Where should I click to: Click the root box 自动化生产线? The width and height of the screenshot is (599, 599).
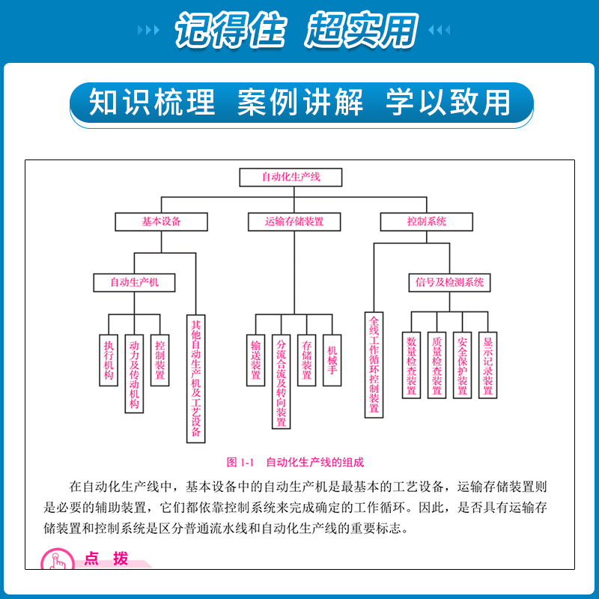click(291, 177)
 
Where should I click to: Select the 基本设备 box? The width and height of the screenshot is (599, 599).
click(161, 222)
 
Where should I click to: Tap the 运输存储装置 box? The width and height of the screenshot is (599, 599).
click(294, 222)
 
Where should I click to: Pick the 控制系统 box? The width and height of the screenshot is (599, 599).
click(427, 222)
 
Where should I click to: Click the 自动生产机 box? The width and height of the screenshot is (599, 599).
click(136, 282)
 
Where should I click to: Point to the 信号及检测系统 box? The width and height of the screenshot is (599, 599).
click(450, 282)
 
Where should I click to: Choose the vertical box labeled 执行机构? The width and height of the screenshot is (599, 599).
click(109, 360)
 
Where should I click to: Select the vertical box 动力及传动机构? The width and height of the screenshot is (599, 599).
click(134, 373)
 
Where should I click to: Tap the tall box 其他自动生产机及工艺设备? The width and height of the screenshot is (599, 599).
click(195, 378)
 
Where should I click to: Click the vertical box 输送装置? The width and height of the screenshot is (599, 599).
click(256, 360)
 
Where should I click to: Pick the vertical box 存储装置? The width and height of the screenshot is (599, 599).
click(306, 360)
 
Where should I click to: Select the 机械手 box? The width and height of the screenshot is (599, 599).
click(332, 360)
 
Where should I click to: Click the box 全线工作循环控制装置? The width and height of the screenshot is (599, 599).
click(374, 365)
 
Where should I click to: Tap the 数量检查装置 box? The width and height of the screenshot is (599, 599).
click(412, 365)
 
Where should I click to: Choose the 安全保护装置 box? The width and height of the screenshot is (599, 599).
click(463, 365)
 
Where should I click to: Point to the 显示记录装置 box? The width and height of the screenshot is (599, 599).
click(488, 365)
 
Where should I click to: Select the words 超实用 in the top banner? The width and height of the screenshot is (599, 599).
click(361, 31)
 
